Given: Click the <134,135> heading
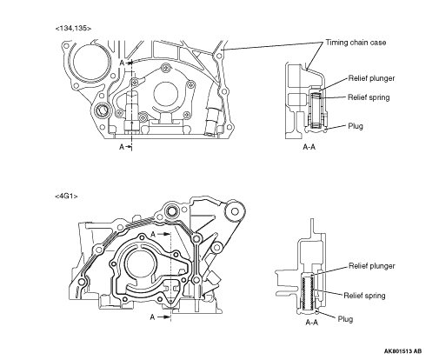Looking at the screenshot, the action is point(73,29).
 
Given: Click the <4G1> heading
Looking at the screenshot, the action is point(66,197).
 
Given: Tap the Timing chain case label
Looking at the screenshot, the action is point(356,43).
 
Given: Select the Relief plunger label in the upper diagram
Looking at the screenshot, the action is point(371,78).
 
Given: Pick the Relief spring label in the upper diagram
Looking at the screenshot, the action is point(369,97).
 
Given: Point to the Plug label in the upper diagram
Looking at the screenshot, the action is point(356,126).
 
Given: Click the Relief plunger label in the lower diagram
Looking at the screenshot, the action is point(372,266).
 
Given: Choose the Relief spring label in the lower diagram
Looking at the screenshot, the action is point(364,296).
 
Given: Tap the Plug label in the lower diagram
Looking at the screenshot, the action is point(345,319).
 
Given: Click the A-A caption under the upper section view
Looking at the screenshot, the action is point(309,147).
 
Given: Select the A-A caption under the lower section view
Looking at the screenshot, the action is point(312,322).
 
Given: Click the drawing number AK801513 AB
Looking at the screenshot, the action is point(402,351).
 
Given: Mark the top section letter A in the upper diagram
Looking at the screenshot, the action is point(122,63).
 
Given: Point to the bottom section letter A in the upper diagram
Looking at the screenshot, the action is point(122,147).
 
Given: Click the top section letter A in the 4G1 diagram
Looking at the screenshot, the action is point(153,234).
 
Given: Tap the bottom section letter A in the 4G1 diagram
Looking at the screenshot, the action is point(152,317).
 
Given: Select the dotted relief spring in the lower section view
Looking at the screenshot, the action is point(307,293).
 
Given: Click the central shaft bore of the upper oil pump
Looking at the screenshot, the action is point(165,94).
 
